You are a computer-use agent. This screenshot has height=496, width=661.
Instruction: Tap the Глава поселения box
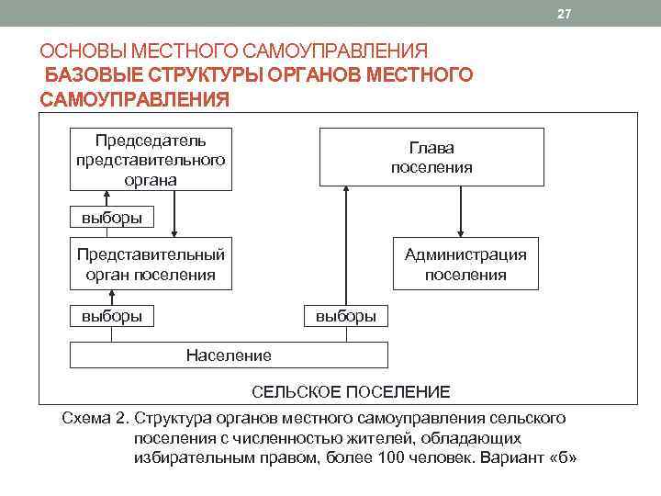[431, 157]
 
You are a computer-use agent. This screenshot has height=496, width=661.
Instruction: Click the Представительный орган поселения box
[150, 264]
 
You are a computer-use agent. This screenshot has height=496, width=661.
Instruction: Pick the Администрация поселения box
[465, 264]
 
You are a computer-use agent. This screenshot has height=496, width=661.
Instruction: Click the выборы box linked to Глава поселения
[345, 316]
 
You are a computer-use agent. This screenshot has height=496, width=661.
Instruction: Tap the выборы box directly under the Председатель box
[112, 218]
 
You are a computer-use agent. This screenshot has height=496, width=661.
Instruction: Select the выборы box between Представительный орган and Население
[112, 316]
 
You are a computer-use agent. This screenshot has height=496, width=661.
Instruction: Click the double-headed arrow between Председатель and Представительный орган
[174, 214]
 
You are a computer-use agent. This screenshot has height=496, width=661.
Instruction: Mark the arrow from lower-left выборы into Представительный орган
[112, 297]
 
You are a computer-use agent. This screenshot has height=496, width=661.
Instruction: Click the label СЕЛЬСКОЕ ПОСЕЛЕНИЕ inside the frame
[352, 392]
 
